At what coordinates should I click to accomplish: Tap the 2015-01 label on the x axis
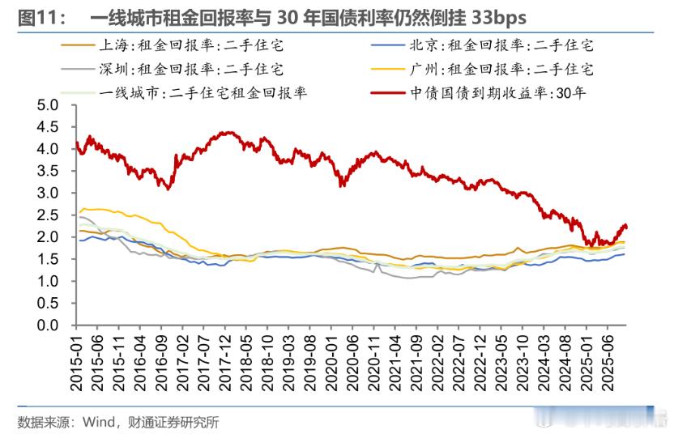(77, 361)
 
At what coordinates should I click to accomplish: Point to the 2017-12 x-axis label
(220, 361)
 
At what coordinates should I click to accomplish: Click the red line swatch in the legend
(393, 92)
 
